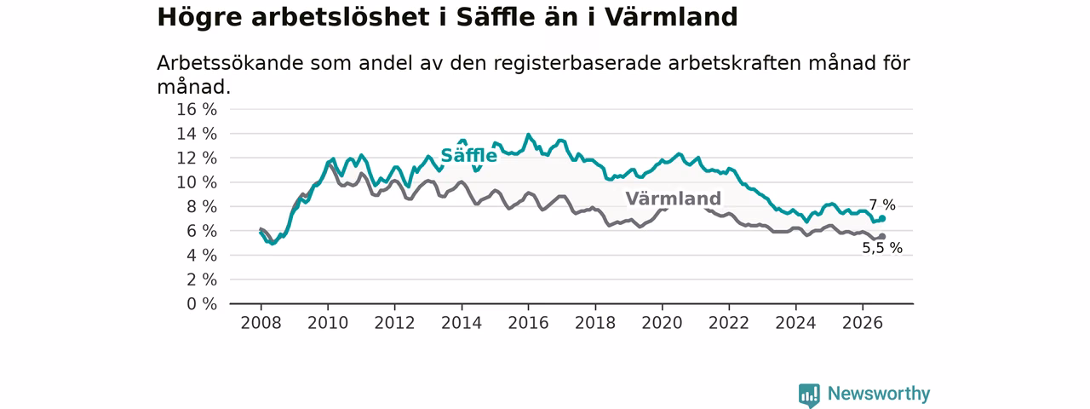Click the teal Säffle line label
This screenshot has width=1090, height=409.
[x=468, y=155]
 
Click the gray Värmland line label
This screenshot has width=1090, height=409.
[x=673, y=199]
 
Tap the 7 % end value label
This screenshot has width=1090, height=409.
[x=882, y=205]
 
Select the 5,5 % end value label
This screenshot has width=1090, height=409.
[x=882, y=248]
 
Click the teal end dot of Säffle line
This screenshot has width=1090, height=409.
[x=882, y=219]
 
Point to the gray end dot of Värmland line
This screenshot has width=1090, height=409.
[x=882, y=237]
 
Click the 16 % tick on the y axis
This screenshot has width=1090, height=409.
[x=197, y=110]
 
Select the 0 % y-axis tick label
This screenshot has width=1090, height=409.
[x=202, y=304]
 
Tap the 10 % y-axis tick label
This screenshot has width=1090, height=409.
[x=197, y=182]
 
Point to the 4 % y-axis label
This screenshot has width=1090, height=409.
[x=202, y=255]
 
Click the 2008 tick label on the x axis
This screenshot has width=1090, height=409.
[x=261, y=323]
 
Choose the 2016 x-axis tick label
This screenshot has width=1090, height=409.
[x=529, y=323]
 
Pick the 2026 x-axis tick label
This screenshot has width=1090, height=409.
[x=863, y=323]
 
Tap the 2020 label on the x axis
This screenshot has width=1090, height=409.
[x=663, y=323]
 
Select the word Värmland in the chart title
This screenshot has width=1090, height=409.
[x=672, y=17]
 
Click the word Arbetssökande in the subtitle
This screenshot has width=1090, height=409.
[x=230, y=63]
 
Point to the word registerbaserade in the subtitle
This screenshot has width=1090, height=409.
[x=577, y=63]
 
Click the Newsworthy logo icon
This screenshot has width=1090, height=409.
[x=809, y=395]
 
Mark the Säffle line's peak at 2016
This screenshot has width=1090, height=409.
[x=529, y=135]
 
